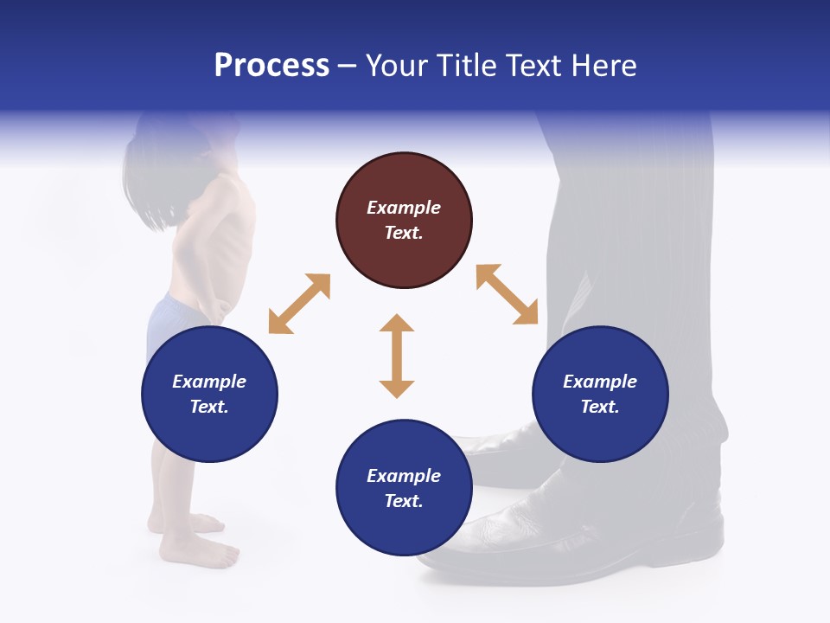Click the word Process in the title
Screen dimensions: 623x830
pyautogui.click(x=271, y=66)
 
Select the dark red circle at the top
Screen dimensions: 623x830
pyautogui.click(x=404, y=221)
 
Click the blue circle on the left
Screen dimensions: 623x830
pyautogui.click(x=209, y=394)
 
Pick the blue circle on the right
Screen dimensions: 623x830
pyautogui.click(x=600, y=394)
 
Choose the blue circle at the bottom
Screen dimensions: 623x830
pyautogui.click(x=404, y=487)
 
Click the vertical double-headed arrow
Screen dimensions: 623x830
pyautogui.click(x=397, y=356)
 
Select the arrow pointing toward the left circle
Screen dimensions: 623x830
pyautogui.click(x=299, y=304)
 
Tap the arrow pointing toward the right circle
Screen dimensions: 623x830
pyautogui.click(x=508, y=294)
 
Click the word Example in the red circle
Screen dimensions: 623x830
pyautogui.click(x=404, y=208)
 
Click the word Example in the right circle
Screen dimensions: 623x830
pyautogui.click(x=600, y=382)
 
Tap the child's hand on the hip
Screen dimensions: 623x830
pyautogui.click(x=216, y=307)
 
